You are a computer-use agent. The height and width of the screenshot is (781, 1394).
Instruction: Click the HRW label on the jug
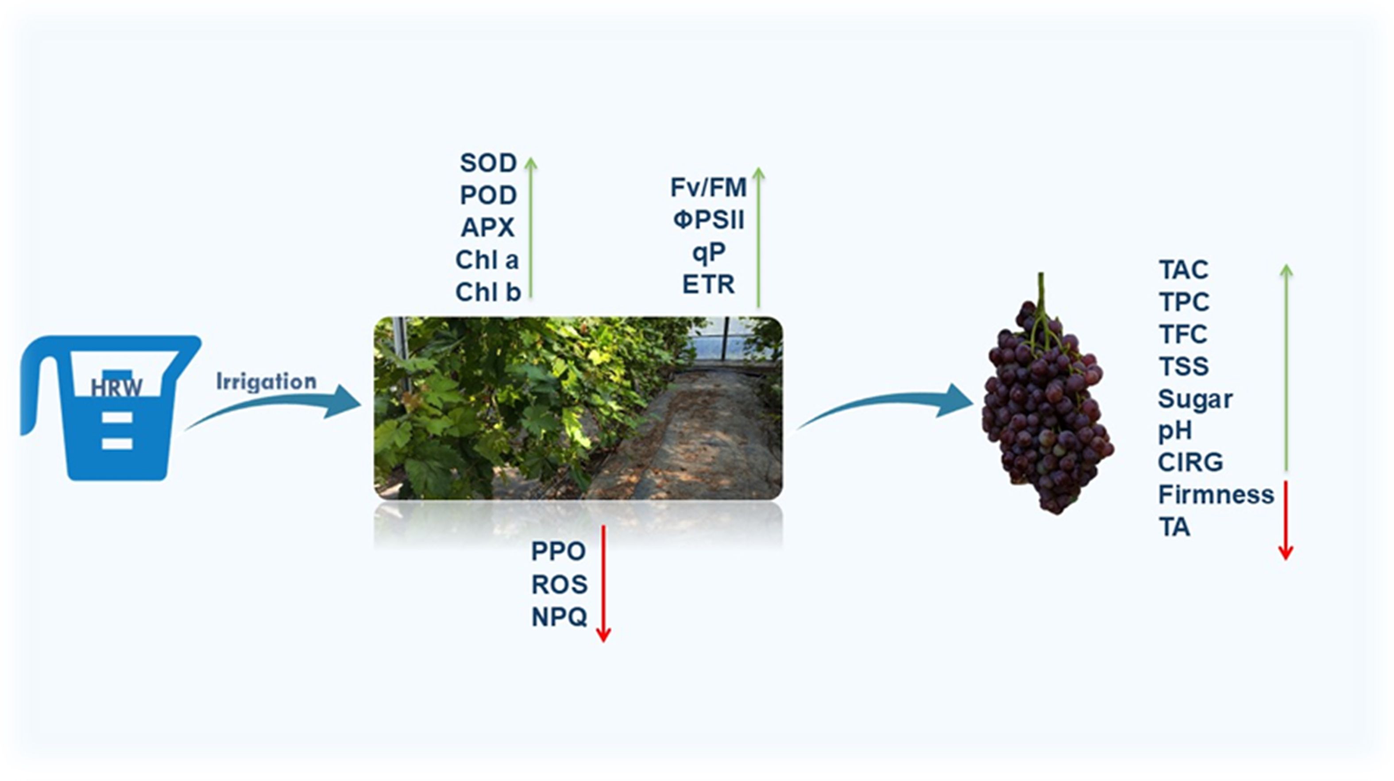point(116,387)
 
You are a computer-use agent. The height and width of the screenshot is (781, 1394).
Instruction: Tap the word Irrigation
point(266,382)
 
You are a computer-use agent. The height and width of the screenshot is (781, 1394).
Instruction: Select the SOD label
point(488,163)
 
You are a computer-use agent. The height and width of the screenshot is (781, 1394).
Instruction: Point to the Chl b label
point(487,292)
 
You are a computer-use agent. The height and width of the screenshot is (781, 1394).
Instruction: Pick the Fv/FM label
point(708,188)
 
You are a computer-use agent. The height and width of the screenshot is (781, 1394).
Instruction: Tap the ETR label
point(708,285)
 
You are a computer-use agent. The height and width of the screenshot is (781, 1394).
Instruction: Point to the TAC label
point(1183,270)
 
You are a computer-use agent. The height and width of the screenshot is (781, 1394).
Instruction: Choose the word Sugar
point(1195,399)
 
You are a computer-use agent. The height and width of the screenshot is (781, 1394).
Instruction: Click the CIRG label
point(1190,463)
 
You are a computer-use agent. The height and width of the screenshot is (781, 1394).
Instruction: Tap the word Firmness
point(1216,495)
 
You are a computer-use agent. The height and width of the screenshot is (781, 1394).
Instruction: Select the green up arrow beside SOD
point(531,227)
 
